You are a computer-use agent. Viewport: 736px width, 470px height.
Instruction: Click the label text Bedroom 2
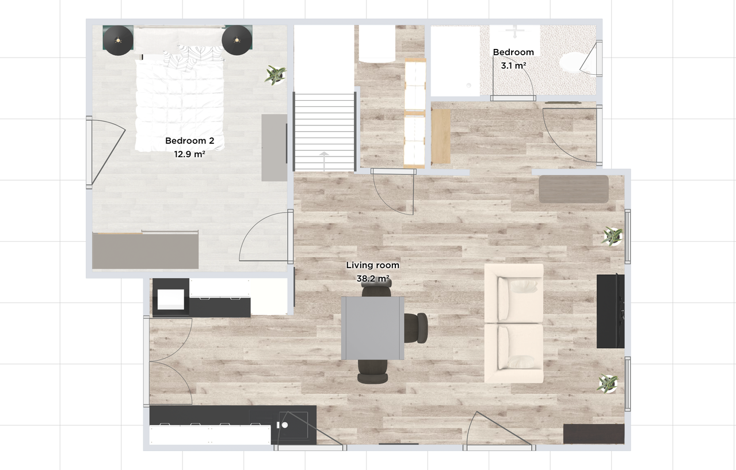coord(189,141)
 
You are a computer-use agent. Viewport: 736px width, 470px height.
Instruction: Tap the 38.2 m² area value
coord(373,278)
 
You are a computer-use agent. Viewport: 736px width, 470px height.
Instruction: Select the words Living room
coord(372,265)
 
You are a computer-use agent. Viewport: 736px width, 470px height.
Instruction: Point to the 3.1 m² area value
coord(513,66)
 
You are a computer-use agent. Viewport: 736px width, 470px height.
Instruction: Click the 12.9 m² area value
coord(189,154)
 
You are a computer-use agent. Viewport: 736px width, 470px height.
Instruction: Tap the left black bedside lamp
coord(118,40)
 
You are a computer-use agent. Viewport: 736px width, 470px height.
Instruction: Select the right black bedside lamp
coord(237,40)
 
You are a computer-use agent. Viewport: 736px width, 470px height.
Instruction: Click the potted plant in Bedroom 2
coord(275,75)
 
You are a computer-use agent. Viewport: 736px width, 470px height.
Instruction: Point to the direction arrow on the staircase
coord(325,161)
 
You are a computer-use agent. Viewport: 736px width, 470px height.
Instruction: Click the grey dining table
coord(372,328)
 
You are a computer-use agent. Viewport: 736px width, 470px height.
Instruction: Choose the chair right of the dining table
coord(415,328)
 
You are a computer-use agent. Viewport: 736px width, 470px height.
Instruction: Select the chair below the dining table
coord(372,372)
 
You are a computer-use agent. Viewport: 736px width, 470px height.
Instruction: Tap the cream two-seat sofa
coord(514,323)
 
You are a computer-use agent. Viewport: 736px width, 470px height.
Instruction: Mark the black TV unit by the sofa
coord(611,311)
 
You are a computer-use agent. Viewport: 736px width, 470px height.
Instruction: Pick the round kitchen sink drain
coord(285,425)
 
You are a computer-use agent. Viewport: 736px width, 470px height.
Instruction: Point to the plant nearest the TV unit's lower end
coord(608,383)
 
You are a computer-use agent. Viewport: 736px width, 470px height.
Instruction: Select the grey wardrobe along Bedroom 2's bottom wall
coord(145,251)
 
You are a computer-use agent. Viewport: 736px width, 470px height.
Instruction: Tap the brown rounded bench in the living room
coord(574,189)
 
